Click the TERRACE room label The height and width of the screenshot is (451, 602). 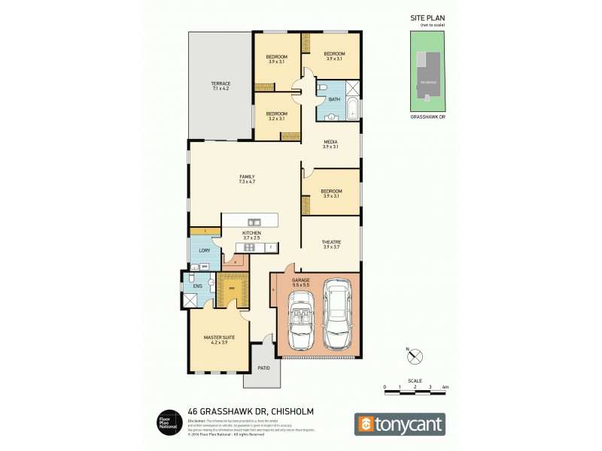220,83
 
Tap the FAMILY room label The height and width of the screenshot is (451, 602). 246,177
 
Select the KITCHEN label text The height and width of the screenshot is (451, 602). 251,234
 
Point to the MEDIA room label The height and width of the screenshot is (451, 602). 330,141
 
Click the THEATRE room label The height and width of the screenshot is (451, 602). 330,241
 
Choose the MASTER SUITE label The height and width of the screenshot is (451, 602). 219,337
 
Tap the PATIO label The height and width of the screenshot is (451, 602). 263,368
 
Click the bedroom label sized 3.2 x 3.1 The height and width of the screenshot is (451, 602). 276,114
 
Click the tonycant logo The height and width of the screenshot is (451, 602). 400,423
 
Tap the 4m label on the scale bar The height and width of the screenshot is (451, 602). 446,386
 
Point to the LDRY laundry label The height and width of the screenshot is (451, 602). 203,250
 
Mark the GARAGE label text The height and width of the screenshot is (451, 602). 301,280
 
